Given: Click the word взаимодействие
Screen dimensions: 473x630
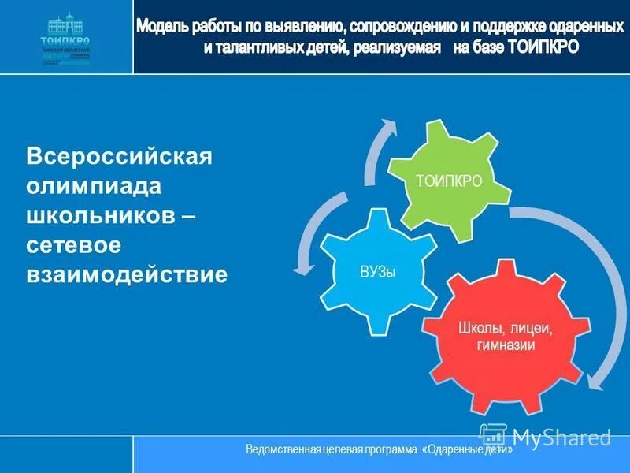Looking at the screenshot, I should coord(127,274).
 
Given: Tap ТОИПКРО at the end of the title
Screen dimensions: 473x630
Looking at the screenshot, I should coord(543,47).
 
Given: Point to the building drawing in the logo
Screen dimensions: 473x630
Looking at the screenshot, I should coord(66,24).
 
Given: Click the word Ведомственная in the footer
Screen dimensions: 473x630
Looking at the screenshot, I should coord(282,449).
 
